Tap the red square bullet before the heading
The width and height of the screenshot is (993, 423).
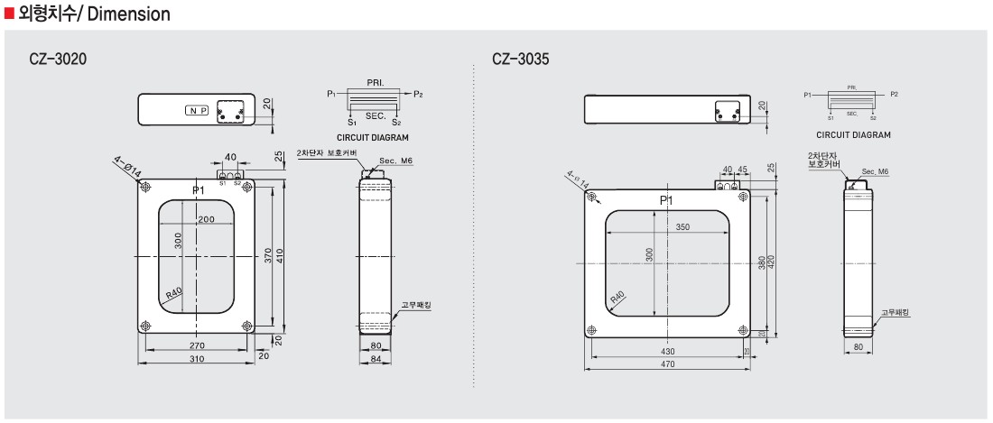coord(10,14)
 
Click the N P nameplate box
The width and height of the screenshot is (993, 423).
coord(197,110)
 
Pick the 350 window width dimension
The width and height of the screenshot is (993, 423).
coord(682,227)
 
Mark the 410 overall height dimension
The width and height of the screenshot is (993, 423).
coord(280,255)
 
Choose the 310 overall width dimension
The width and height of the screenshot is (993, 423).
coord(197,359)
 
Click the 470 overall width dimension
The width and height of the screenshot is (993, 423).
coord(668,364)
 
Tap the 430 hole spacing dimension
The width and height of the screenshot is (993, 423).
coord(668,351)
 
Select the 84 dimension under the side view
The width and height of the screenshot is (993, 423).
coord(376,359)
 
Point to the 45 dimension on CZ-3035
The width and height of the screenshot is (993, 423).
coord(742,169)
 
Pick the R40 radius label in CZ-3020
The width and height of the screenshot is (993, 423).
coord(174,294)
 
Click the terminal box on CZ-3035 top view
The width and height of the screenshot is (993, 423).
coord(728,110)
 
